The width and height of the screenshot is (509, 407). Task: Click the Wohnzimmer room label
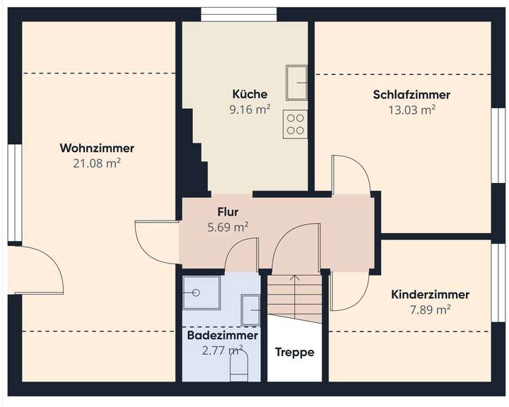click(x=97, y=148)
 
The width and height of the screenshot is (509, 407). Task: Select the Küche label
click(x=250, y=94)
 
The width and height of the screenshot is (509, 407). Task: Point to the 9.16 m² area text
click(x=250, y=110)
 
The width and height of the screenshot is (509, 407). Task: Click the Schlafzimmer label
click(x=411, y=95)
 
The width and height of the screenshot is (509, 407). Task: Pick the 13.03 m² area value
click(x=411, y=110)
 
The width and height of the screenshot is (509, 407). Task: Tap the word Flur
click(x=228, y=211)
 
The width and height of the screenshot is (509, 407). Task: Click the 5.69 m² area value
click(x=228, y=227)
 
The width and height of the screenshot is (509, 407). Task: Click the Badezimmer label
click(x=222, y=336)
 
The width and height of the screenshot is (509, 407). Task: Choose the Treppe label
click(x=294, y=352)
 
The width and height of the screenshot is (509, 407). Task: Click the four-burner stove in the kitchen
click(x=296, y=124)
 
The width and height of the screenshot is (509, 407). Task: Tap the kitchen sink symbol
click(x=296, y=82)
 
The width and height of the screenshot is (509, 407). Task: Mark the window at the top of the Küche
click(x=238, y=14)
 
